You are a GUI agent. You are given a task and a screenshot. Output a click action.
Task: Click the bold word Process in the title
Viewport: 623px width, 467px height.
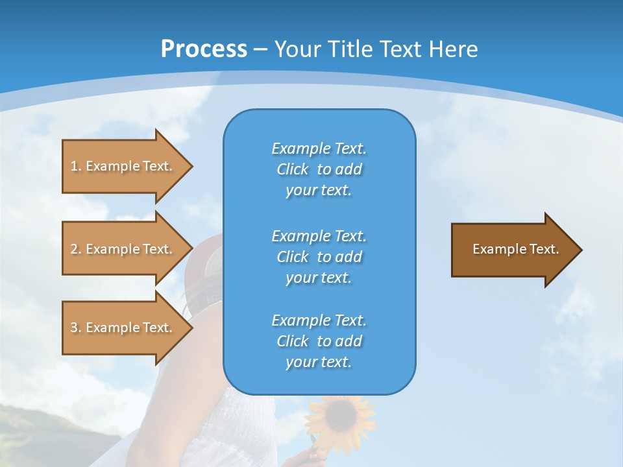pyautogui.click(x=204, y=49)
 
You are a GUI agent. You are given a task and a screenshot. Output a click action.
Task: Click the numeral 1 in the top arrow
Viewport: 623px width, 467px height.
pyautogui.click(x=74, y=166)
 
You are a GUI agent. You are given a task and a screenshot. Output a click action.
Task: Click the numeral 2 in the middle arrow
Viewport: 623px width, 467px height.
pyautogui.click(x=74, y=249)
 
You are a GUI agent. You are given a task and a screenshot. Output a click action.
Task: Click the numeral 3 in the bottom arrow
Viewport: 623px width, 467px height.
pyautogui.click(x=74, y=328)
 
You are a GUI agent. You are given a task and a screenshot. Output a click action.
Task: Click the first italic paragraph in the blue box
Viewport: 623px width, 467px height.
pyautogui.click(x=319, y=169)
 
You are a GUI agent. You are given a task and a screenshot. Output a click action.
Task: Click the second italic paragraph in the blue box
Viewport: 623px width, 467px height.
pyautogui.click(x=319, y=256)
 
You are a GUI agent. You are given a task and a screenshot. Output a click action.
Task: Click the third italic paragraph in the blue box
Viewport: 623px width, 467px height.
pyautogui.click(x=319, y=341)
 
